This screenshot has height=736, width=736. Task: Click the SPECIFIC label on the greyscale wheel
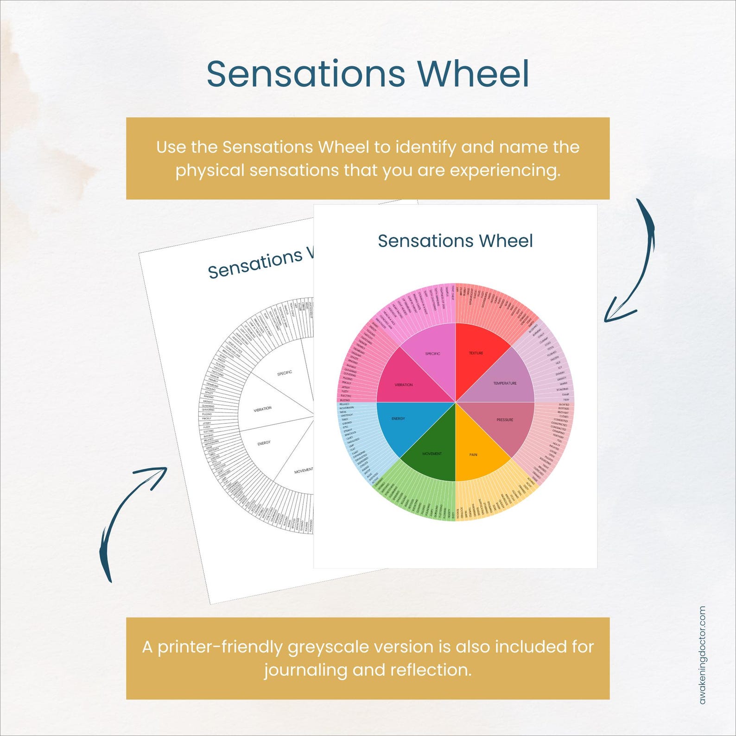point(285,374)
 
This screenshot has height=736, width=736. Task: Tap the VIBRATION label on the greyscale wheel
point(263,409)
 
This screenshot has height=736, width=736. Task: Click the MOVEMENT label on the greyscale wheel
point(304,471)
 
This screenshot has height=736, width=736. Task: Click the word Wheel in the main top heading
point(473,74)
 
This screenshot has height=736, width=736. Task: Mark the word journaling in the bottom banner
point(305,670)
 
